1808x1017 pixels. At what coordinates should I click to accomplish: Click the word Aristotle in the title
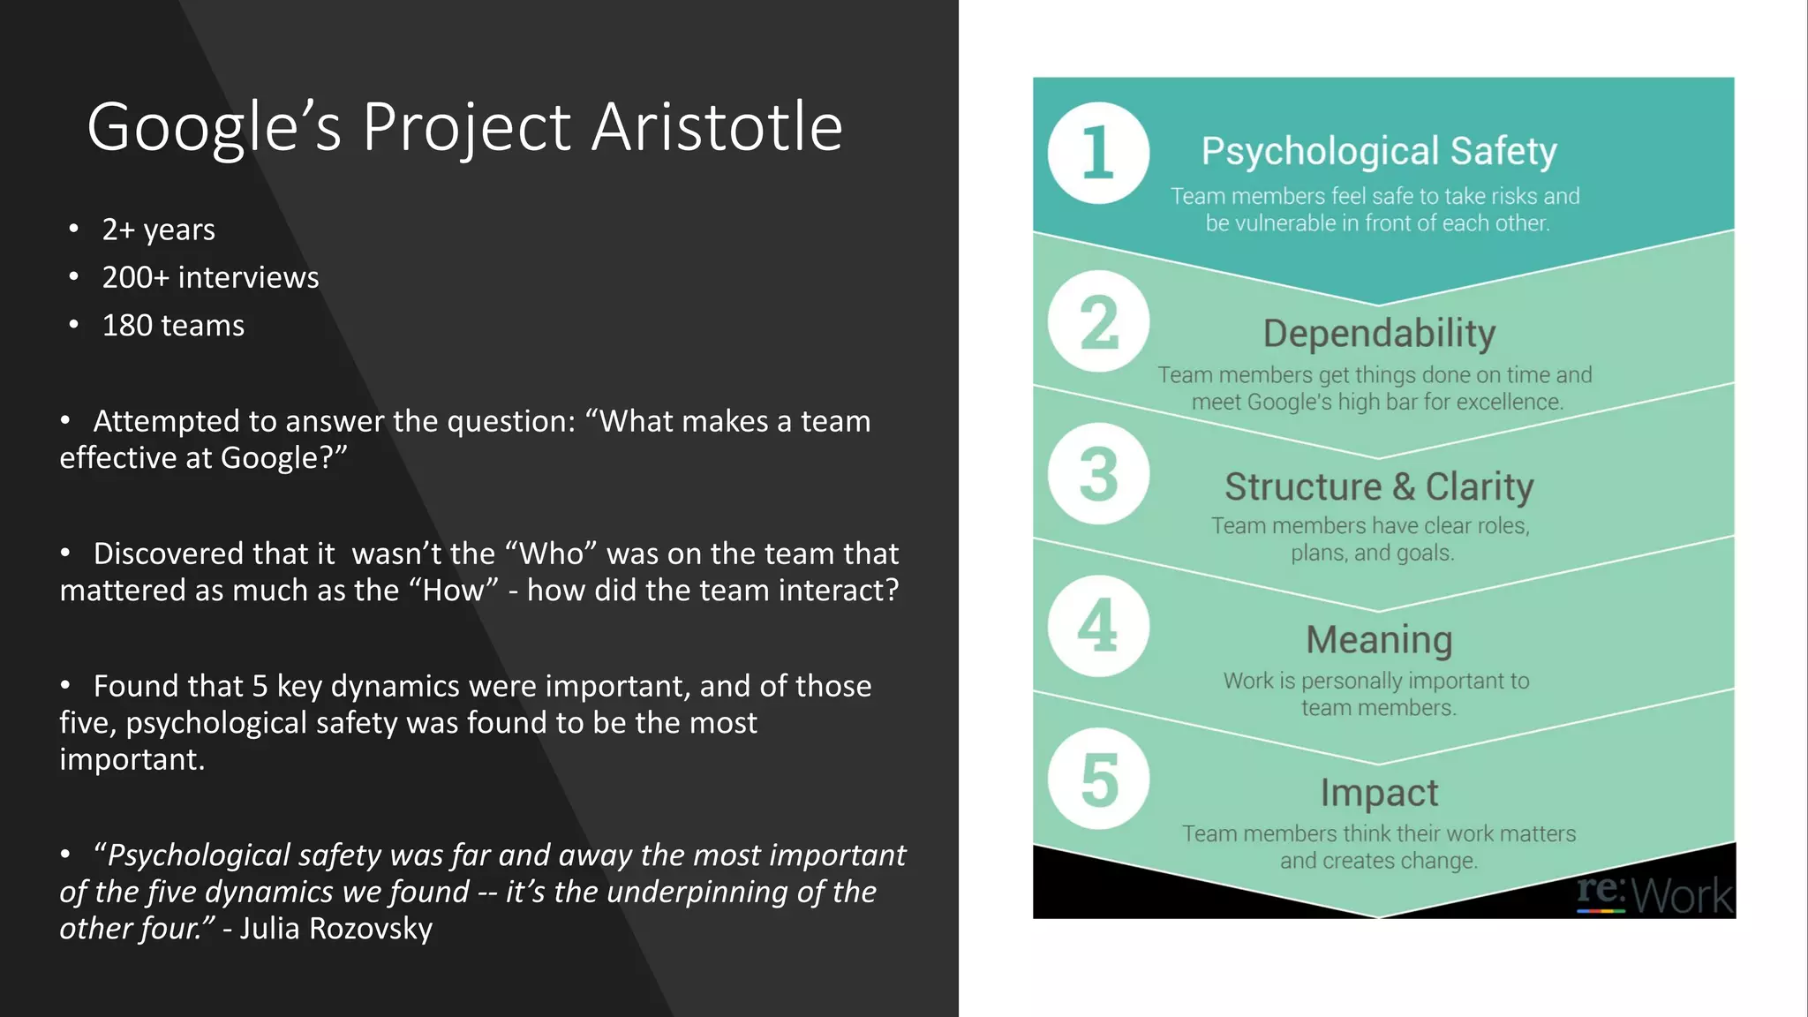[717, 127]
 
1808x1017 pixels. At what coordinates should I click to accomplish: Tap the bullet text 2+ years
[158, 230]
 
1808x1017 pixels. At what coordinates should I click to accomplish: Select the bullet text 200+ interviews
[210, 277]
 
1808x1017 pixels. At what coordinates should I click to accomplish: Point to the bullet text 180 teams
[173, 326]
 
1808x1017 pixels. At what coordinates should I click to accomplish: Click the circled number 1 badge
[1098, 154]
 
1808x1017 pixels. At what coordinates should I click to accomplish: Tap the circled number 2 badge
[1098, 322]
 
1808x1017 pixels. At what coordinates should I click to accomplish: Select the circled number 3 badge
[1098, 474]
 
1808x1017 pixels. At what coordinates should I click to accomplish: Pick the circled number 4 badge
[1098, 626]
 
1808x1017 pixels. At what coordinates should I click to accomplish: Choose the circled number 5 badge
[1098, 779]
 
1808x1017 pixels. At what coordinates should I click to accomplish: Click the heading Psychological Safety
[1378, 151]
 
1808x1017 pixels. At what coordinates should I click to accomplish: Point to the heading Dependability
[1379, 334]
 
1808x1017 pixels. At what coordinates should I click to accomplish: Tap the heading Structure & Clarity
[1379, 486]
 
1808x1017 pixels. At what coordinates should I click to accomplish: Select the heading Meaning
[1379, 639]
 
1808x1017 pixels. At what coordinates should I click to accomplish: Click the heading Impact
[1379, 792]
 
